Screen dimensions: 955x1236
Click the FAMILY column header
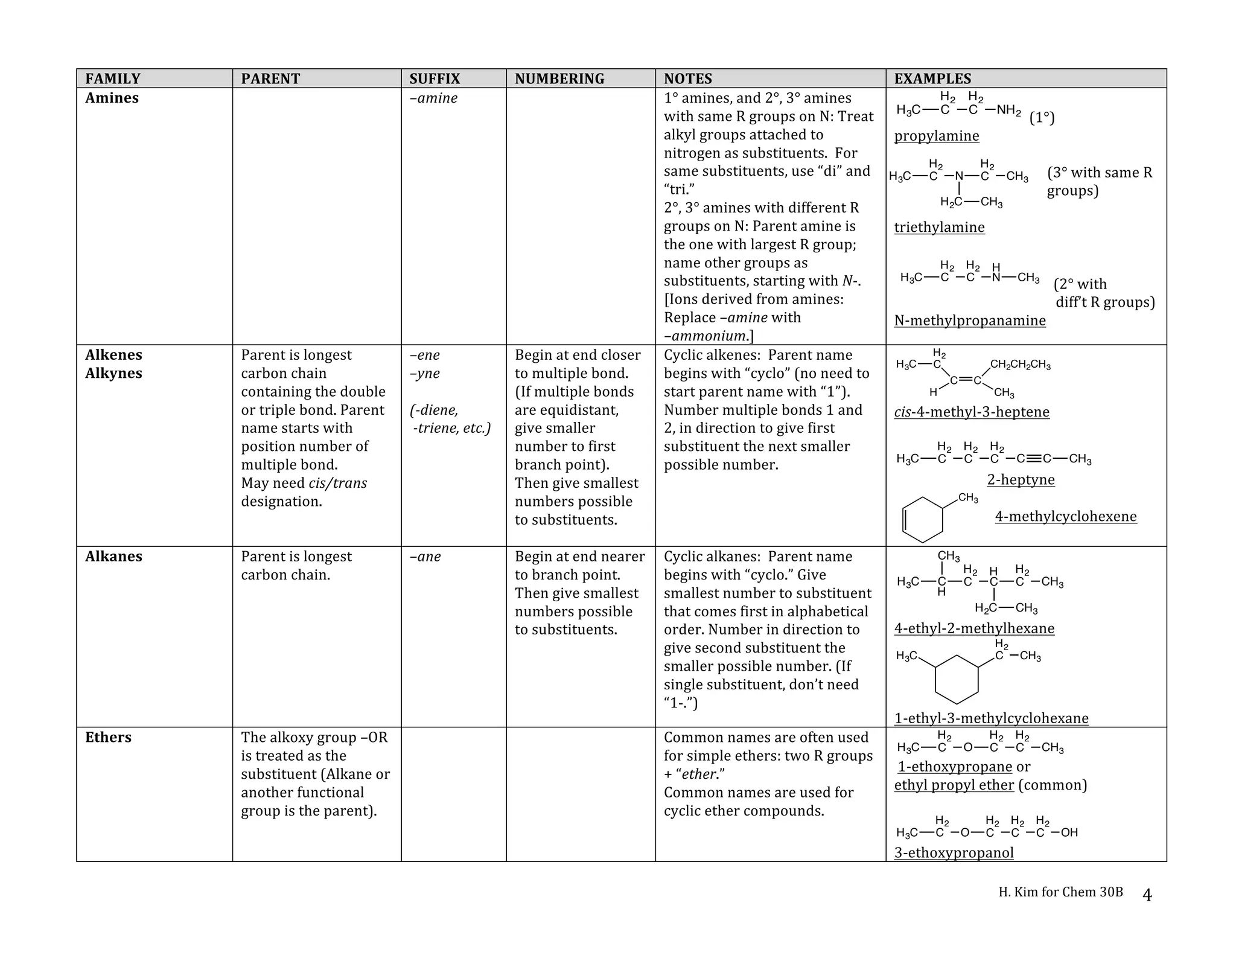coord(112,78)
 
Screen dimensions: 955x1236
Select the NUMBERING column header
coord(559,78)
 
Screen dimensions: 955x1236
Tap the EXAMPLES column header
coord(932,78)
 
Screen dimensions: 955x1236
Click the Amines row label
coord(112,98)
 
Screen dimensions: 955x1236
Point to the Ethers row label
coord(108,737)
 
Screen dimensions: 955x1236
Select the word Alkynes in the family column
coord(113,373)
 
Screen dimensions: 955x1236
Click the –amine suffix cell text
coord(433,98)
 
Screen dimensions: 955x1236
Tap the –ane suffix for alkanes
coord(425,557)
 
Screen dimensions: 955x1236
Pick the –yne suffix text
coord(425,373)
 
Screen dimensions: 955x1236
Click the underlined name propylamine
coord(936,136)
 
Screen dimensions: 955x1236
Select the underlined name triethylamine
coord(939,228)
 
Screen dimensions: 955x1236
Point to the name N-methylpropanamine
coord(969,321)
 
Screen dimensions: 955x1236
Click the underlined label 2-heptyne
coord(1021,480)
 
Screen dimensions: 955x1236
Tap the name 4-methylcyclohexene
coord(1065,517)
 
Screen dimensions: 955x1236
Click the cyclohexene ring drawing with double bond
coord(922,520)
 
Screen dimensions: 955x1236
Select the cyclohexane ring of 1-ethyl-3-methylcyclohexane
coord(956,679)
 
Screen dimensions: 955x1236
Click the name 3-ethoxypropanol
coord(954,852)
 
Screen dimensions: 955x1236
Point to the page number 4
coord(1147,895)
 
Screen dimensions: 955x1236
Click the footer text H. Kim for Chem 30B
coord(1060,892)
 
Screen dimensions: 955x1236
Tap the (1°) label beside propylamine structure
coord(1042,118)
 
